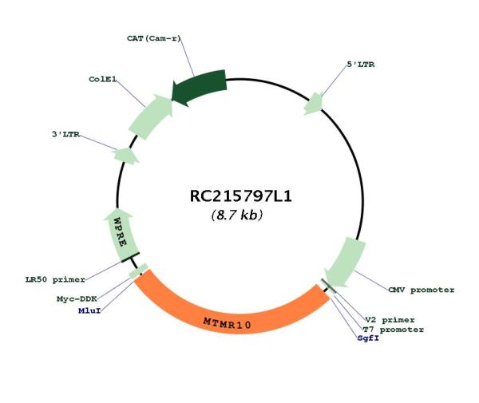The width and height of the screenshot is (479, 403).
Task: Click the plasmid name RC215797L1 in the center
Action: pyautogui.click(x=241, y=196)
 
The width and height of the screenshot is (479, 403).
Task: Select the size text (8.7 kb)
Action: pyautogui.click(x=237, y=215)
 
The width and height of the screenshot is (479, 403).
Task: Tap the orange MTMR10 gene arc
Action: pyautogui.click(x=232, y=308)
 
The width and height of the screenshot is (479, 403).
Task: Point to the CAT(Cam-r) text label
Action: pyautogui.click(x=153, y=38)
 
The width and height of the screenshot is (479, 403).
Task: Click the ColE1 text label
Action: pyautogui.click(x=103, y=79)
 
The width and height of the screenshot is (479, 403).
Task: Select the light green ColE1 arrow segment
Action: pyautogui.click(x=151, y=117)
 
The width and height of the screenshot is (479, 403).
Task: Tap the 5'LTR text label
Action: pyautogui.click(x=361, y=65)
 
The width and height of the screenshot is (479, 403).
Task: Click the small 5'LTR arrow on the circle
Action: pyautogui.click(x=314, y=104)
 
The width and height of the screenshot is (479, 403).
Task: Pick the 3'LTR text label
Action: pyautogui.click(x=65, y=134)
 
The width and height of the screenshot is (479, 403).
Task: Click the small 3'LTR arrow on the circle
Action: pyautogui.click(x=126, y=156)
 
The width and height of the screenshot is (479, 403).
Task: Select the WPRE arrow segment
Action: pyautogui.click(x=121, y=235)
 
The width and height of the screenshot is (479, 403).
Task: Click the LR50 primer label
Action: pyautogui.click(x=55, y=279)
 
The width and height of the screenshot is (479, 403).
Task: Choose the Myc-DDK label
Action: pyautogui.click(x=77, y=299)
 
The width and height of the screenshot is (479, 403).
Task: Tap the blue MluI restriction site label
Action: pyautogui.click(x=89, y=310)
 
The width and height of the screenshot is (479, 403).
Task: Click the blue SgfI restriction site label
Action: pyautogui.click(x=368, y=338)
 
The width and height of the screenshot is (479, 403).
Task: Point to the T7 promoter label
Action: pyautogui.click(x=393, y=330)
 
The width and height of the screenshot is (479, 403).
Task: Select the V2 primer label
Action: pyautogui.click(x=390, y=320)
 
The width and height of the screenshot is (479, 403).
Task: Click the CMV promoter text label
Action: pyautogui.click(x=422, y=290)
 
